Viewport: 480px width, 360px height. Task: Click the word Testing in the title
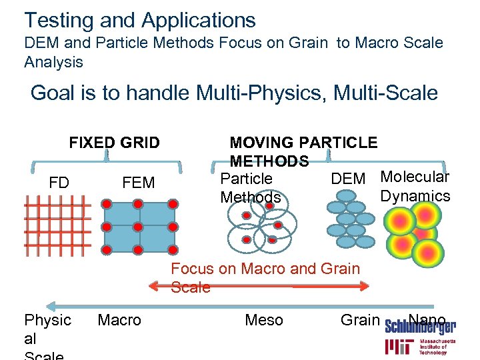click(x=57, y=20)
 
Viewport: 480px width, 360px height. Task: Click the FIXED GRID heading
click(x=115, y=143)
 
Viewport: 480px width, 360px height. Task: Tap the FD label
click(x=59, y=182)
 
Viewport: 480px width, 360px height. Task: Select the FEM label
click(x=139, y=182)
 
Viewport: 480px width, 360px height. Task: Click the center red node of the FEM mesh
click(x=138, y=227)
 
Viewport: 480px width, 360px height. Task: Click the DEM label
click(x=348, y=179)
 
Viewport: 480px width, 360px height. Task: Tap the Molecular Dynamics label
click(x=415, y=186)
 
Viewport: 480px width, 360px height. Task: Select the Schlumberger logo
click(x=420, y=327)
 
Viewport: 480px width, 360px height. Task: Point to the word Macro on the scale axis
click(x=119, y=320)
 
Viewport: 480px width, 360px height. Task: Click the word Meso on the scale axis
click(x=264, y=320)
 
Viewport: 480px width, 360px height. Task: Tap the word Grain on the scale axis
click(x=360, y=320)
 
